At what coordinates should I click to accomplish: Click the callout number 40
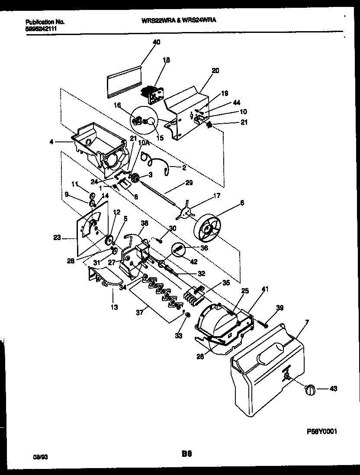coord(156,42)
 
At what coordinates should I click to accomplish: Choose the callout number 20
coord(215,71)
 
